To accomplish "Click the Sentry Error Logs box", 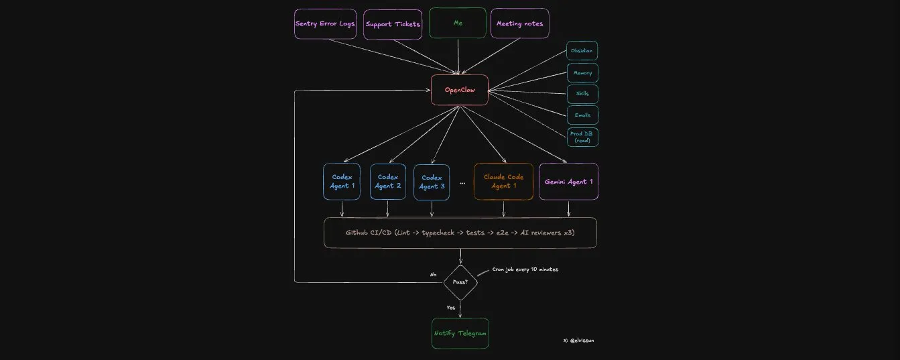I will click(x=324, y=23).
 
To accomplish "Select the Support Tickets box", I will click(x=393, y=24).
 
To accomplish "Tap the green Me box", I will click(x=458, y=23).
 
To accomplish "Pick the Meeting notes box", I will click(x=519, y=23).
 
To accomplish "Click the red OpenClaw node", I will click(x=460, y=90).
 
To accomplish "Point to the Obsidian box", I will click(x=582, y=51).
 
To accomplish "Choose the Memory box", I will click(x=582, y=72).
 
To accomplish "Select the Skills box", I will click(x=582, y=94).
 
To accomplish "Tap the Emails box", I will click(x=582, y=115).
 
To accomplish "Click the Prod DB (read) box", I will click(x=582, y=137).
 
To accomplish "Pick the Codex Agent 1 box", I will click(x=342, y=182).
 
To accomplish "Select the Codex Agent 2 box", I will click(x=388, y=182).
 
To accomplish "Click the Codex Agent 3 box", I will click(x=432, y=182).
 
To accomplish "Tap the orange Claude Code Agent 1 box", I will click(x=504, y=182).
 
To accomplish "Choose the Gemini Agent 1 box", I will click(x=568, y=182).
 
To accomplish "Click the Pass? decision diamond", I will click(x=460, y=282).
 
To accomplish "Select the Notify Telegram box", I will click(x=460, y=333).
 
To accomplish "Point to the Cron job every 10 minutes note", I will click(x=525, y=269).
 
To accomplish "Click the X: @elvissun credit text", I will click(x=578, y=341).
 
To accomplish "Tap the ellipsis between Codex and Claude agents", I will click(x=462, y=182).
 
